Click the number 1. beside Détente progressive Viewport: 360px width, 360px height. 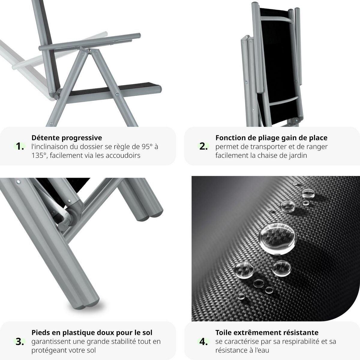point(20,146)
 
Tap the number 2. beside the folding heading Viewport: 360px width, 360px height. point(204,146)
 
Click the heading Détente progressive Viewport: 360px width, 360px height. point(67,138)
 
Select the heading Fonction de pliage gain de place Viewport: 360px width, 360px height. point(271,138)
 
